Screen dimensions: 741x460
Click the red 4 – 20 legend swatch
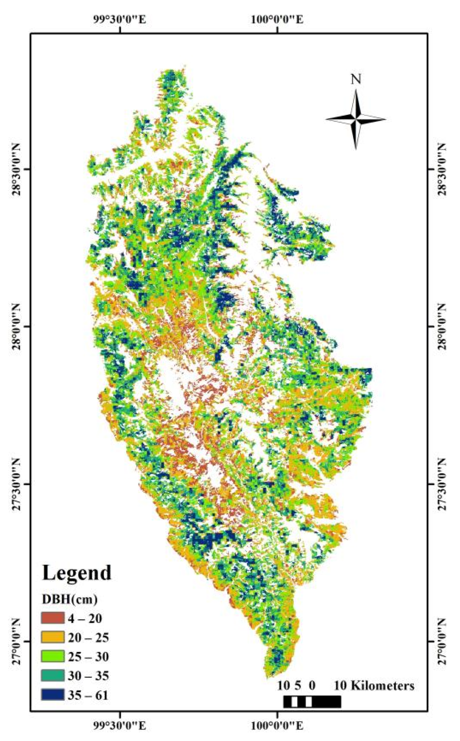coord(52,618)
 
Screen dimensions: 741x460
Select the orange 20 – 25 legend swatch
coord(52,637)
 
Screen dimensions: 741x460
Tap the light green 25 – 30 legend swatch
coord(52,656)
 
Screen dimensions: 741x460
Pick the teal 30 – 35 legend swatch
coord(52,675)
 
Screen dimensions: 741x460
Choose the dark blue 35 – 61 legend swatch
coord(52,695)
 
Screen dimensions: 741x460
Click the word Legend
coord(77,573)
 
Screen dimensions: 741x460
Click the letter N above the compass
coord(356,79)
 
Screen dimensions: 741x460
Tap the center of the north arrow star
coord(356,120)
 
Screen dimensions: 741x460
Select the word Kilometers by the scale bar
coord(382,685)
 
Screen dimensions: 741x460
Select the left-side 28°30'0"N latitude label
coord(17,169)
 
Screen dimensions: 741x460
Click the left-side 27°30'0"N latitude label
coord(17,484)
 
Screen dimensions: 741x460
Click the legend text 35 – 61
coord(88,695)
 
